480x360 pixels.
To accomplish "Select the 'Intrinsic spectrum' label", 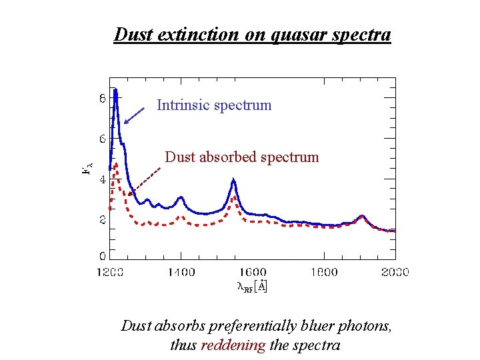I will coord(214,105).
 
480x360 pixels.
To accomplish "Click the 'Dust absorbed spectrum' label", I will coord(242,157).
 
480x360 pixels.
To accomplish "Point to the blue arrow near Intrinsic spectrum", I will coord(134,115).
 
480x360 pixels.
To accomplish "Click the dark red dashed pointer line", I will coord(145,181).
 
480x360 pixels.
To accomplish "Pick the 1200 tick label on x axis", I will coord(109,272).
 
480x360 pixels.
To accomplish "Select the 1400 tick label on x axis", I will coord(181,272).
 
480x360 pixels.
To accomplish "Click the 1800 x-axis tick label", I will coord(324,272).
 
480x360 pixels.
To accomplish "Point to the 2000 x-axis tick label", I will coord(395,272).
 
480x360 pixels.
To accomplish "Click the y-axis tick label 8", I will coord(102,98).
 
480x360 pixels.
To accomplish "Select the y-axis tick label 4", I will coord(102,179).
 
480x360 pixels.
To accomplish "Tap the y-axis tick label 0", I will coord(102,256).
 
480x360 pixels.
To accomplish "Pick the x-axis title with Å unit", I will coord(252,286).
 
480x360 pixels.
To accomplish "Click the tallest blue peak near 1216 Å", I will coord(115,91).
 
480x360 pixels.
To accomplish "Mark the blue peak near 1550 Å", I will coord(233,179).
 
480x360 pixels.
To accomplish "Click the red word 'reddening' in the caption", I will coord(233,345).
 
